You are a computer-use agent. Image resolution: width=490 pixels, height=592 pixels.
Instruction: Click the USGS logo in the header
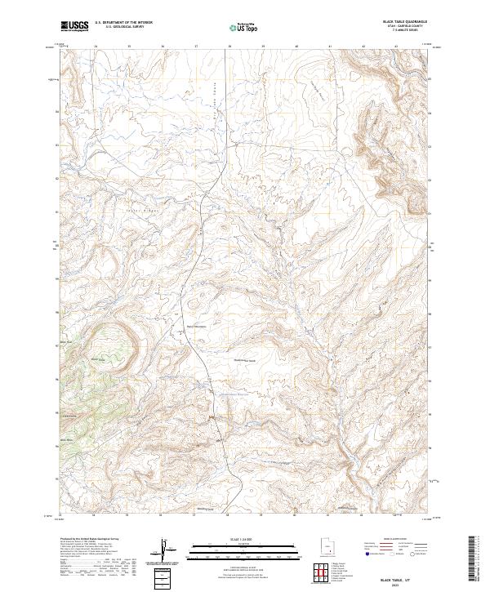[74, 26]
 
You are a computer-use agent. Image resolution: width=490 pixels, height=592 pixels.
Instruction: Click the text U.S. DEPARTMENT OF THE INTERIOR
[123, 23]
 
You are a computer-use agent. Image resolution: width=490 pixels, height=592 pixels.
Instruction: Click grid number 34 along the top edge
[96, 46]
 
